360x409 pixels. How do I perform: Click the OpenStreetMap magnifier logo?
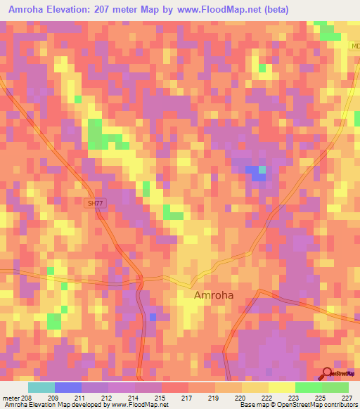(x=327, y=374)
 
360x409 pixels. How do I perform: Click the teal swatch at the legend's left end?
(x=41, y=387)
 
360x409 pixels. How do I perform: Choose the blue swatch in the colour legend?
(x=68, y=387)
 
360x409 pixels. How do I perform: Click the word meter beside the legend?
(x=11, y=397)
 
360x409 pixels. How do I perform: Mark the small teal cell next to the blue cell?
(x=262, y=169)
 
